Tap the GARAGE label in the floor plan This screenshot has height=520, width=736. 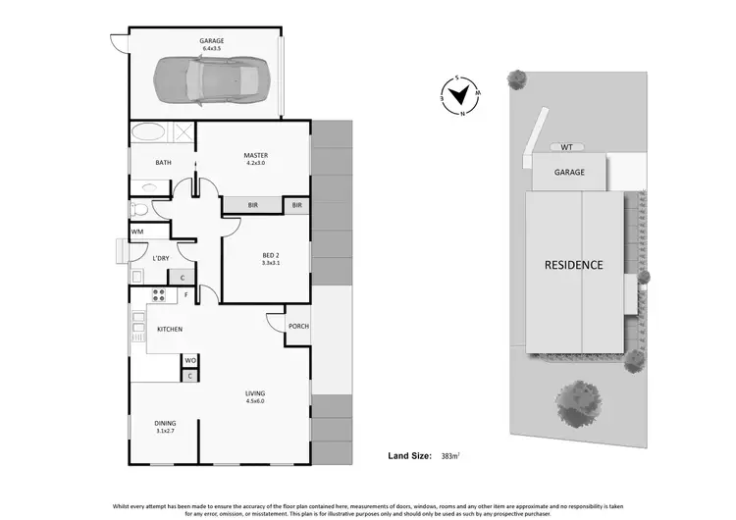click(x=213, y=41)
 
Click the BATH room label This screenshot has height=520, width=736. click(x=164, y=163)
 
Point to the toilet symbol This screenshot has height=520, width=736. click(x=139, y=208)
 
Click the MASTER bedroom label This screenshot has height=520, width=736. click(x=256, y=155)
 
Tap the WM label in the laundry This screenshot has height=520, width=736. click(x=136, y=232)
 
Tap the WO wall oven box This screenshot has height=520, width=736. click(x=190, y=360)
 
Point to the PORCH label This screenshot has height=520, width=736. click(x=298, y=327)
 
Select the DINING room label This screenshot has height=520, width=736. click(x=164, y=423)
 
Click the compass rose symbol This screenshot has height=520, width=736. click(x=461, y=96)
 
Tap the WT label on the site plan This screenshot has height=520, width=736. click(x=566, y=147)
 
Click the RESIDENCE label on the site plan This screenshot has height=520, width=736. click(x=574, y=265)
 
